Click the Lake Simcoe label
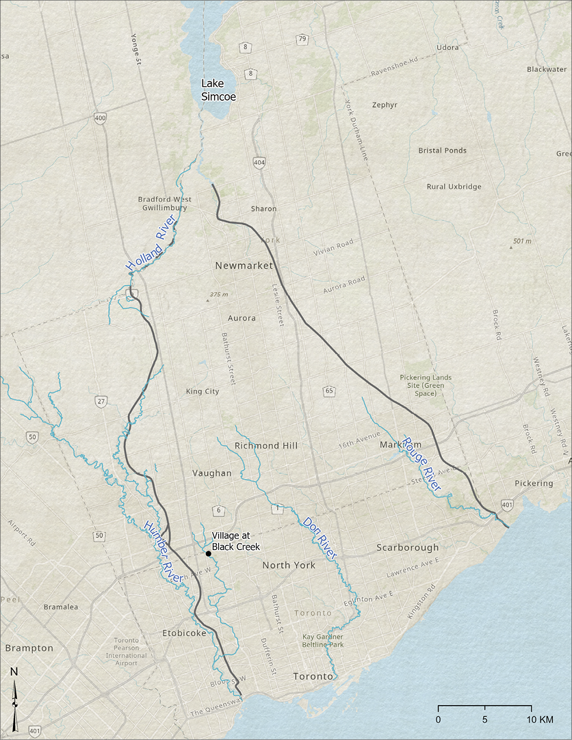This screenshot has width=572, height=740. pos(218,90)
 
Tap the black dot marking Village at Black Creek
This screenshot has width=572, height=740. pos(208,553)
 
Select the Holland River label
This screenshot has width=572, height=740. pos(151,244)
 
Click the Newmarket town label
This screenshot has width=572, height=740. pos(244,265)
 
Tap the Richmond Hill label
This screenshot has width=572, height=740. pos(266,445)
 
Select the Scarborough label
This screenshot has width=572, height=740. pos(407,548)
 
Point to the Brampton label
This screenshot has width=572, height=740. pos(29,648)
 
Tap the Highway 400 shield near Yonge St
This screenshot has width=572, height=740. pos(101,119)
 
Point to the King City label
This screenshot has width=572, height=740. pos(203,392)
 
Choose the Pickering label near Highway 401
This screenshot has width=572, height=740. pos(534,484)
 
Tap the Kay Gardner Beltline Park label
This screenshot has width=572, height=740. pos(323,640)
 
